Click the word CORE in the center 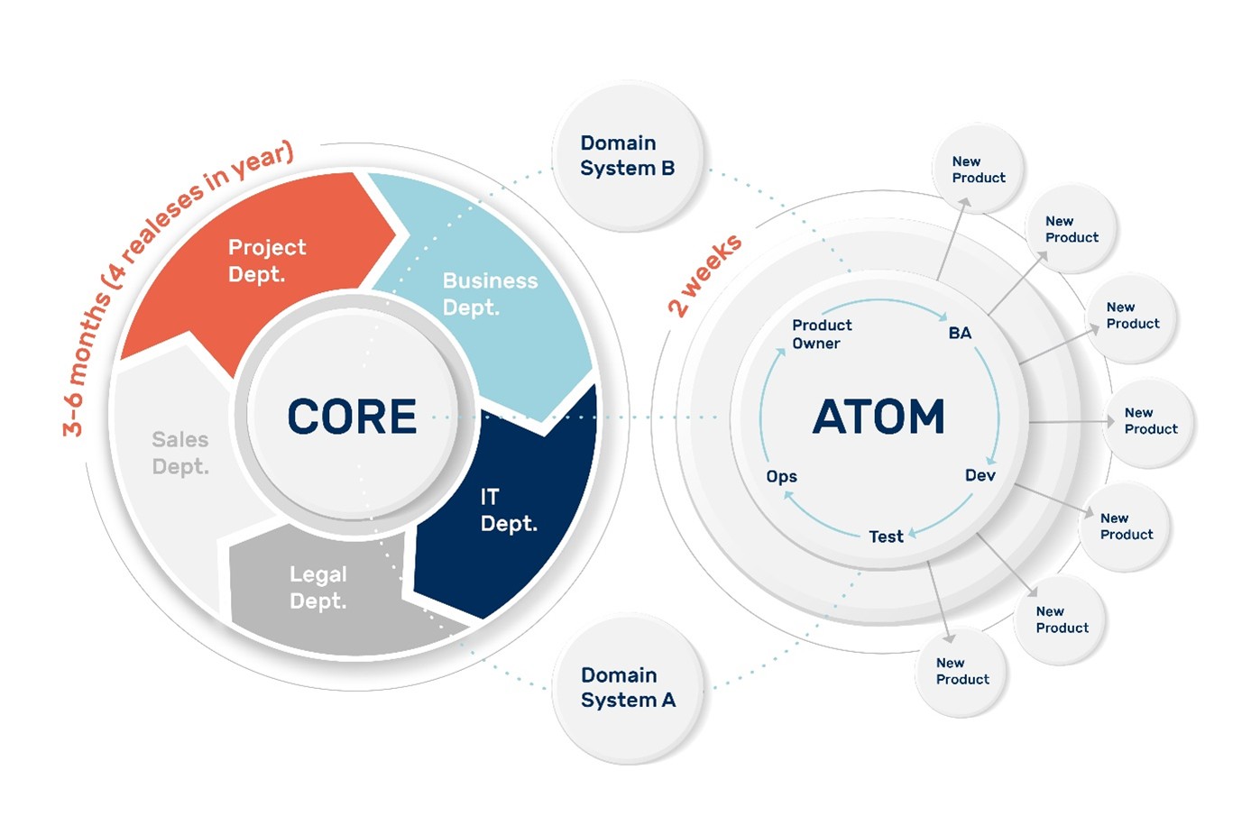352,417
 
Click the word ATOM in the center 879,417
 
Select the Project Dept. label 266,261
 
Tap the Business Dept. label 489,294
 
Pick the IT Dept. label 508,510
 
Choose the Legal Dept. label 317,587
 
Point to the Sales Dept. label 179,453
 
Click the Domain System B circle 627,156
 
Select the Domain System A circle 628,688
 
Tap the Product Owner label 821,334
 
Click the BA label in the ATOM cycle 960,333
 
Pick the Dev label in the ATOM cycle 980,475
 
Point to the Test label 886,537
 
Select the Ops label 781,476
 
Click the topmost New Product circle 979,170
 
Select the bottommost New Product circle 962,672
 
